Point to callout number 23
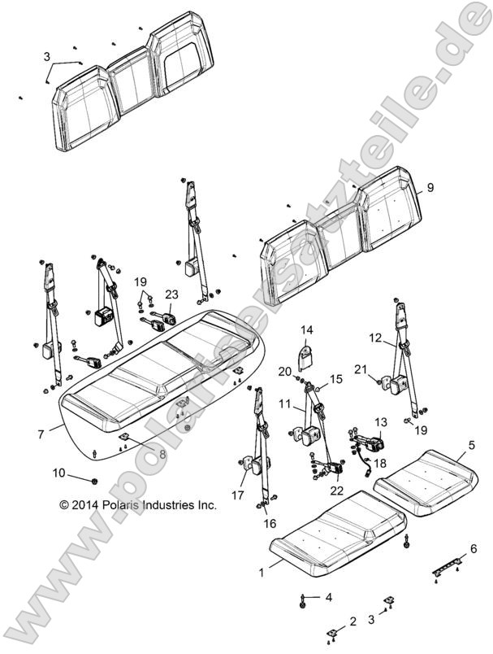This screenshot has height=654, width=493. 171,294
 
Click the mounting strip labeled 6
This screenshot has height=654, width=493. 449,565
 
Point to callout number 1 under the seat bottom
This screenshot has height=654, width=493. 262,573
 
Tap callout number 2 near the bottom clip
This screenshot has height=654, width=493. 352,622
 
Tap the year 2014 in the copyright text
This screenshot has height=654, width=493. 85,505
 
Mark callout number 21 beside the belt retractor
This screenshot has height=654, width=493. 382,368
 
